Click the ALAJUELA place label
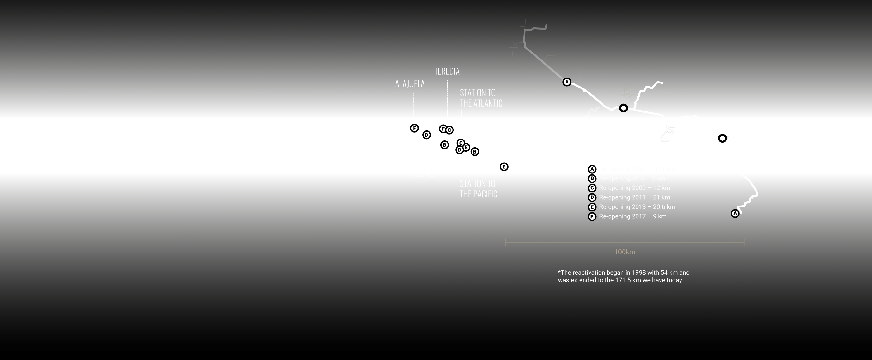click(410, 84)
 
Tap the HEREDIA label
click(446, 71)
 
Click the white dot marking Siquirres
click(623, 108)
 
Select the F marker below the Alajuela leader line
click(414, 129)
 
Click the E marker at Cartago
click(504, 167)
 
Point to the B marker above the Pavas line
click(444, 145)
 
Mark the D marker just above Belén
click(427, 135)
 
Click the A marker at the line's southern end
click(735, 214)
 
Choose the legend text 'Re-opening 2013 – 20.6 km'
click(637, 207)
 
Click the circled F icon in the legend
click(592, 216)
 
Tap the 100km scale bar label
click(624, 252)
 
